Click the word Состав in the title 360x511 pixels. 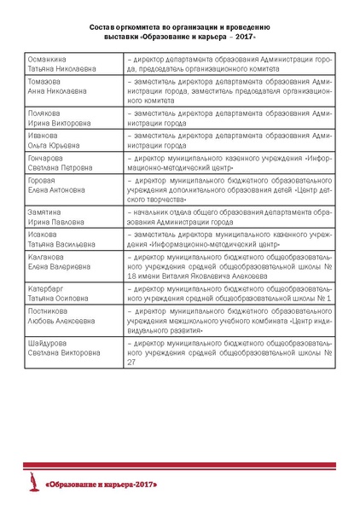pyautogui.click(x=102, y=27)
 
